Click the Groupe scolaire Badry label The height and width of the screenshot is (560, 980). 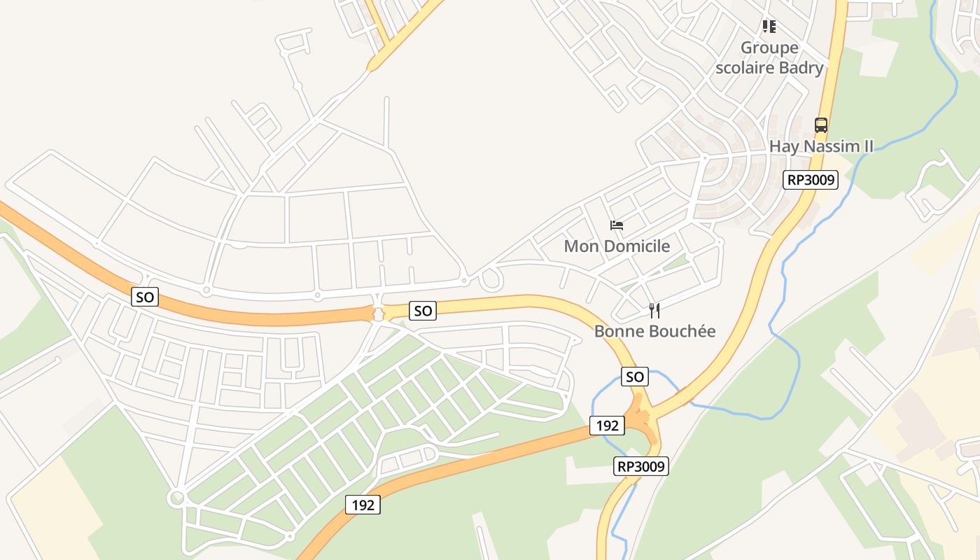[769, 58]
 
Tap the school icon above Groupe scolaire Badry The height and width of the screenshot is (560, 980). [769, 27]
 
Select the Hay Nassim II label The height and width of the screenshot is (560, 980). [822, 146]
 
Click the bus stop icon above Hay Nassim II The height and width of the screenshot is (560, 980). [821, 125]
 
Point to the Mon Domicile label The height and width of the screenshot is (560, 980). [617, 246]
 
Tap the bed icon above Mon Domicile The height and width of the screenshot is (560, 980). [617, 225]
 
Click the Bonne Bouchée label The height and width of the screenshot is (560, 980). [654, 331]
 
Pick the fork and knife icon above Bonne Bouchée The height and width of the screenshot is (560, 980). [654, 310]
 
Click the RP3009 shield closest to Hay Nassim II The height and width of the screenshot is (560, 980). [811, 180]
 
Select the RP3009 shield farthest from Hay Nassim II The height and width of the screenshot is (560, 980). [642, 466]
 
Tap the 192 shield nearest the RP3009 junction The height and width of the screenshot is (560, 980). [607, 425]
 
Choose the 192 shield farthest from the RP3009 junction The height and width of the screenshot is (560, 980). [363, 504]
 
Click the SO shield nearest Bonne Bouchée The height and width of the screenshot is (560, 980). [634, 377]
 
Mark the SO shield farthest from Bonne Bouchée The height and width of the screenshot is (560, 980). [145, 297]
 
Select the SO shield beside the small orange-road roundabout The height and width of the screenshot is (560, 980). [423, 310]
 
